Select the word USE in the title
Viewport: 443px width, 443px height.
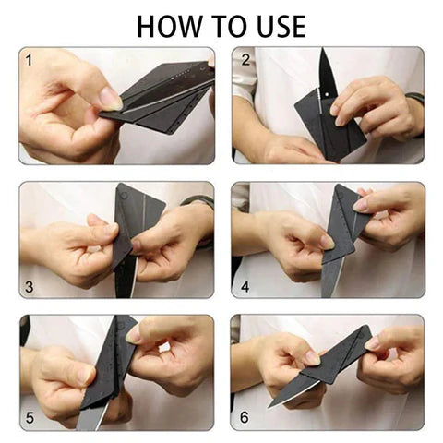point(277,24)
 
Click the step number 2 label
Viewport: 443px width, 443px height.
point(245,61)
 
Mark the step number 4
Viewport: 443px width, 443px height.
point(245,286)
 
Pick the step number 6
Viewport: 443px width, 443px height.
point(245,417)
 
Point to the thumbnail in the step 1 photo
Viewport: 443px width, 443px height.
point(108,97)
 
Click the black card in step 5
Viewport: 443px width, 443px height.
point(106,369)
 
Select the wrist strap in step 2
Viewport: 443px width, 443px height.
point(413,97)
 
